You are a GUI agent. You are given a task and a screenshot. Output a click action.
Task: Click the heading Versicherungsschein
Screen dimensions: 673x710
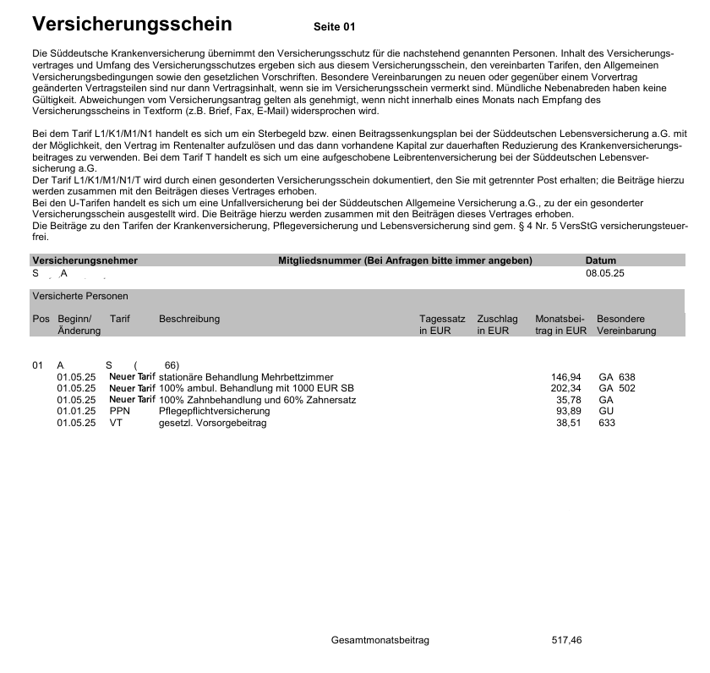[131, 23]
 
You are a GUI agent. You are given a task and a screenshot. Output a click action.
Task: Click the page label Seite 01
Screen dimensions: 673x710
[335, 27]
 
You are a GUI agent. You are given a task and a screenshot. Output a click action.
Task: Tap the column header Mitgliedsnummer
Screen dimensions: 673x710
[405, 260]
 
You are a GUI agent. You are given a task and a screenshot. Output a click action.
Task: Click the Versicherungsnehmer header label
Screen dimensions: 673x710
[85, 260]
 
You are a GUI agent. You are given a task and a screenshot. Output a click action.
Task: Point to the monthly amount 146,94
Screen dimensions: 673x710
[565, 376]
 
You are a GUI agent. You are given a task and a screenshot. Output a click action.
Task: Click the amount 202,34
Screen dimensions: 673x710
[565, 388]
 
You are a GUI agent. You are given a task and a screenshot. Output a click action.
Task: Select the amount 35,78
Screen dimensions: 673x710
[568, 400]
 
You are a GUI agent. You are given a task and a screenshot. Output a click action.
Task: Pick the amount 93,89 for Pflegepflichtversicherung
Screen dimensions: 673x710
[568, 412]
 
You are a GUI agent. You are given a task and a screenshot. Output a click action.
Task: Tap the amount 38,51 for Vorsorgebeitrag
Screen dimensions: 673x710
[568, 424]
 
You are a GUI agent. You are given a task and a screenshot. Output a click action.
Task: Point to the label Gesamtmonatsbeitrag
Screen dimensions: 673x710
[380, 640]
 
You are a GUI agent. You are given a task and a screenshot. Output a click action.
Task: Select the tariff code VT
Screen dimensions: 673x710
[116, 424]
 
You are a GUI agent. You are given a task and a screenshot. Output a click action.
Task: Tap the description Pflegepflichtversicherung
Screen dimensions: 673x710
[213, 412]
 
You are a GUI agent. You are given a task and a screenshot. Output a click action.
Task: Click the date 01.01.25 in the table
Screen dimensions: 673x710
[76, 412]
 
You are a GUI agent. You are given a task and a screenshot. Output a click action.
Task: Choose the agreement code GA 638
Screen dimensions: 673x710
[615, 376]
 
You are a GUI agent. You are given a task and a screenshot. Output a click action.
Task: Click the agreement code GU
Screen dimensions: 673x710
[605, 412]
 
